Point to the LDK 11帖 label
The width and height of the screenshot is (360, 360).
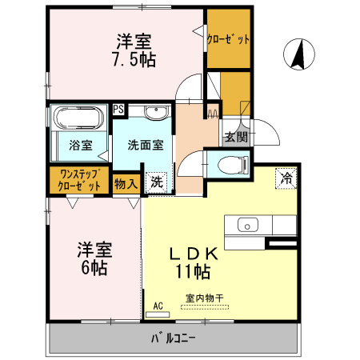[192, 263]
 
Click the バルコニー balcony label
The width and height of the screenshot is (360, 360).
[174, 338]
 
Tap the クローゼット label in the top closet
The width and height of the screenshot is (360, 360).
[229, 38]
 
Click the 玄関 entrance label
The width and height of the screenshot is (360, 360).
[235, 137]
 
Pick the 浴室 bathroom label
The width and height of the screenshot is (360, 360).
[80, 146]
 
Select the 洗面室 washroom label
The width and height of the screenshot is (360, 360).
[146, 146]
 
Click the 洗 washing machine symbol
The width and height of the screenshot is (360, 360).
[157, 182]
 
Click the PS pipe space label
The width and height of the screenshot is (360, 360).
[118, 110]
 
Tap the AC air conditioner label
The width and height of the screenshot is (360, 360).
[158, 305]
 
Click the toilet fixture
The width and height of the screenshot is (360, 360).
[233, 166]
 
